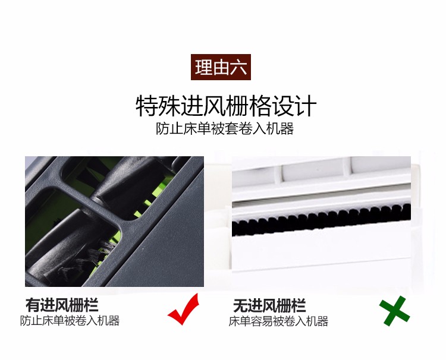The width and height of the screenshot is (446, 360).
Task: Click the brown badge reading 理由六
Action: (x=221, y=67)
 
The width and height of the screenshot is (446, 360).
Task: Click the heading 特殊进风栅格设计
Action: (x=226, y=106)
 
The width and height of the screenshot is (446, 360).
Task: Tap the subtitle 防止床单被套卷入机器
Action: (x=225, y=129)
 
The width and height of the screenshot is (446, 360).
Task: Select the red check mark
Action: (x=184, y=310)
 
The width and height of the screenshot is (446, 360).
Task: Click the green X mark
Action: (x=394, y=311)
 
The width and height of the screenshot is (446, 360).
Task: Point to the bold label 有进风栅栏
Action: (x=62, y=305)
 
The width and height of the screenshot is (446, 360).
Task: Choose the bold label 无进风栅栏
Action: (x=269, y=305)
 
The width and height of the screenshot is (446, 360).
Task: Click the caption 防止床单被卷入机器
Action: (x=70, y=321)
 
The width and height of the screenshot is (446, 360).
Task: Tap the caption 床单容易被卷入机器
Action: (x=278, y=321)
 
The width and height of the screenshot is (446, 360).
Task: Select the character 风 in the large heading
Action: (x=215, y=106)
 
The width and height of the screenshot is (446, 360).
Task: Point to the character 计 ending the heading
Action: (x=306, y=106)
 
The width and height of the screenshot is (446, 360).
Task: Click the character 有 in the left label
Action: (x=33, y=305)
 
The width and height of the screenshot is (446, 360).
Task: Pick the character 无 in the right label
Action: (x=240, y=305)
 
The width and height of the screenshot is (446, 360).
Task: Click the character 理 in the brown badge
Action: (x=203, y=67)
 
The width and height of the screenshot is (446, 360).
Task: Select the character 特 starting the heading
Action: (x=147, y=106)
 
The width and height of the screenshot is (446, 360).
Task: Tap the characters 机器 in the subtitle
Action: (x=280, y=129)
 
